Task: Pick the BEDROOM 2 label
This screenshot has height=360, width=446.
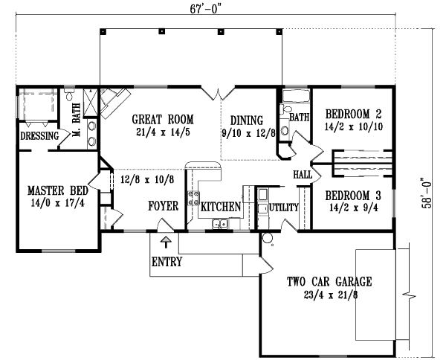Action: tap(353, 115)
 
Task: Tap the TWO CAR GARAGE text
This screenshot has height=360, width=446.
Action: tap(329, 282)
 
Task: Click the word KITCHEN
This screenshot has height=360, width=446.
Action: tap(221, 206)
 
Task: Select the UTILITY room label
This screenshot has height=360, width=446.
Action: tap(283, 207)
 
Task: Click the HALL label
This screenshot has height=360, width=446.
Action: tap(303, 173)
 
